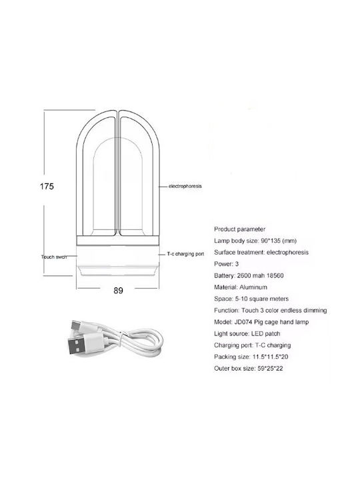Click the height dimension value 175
coord(47,187)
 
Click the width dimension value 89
coord(118,291)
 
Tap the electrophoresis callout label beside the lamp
coord(185,186)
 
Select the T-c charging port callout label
coord(185,254)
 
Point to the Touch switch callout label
coord(54,257)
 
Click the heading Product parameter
coord(240,229)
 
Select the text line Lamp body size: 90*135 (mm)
coord(255,241)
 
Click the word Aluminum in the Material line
coord(253,287)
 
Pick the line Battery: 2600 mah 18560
coord(249,275)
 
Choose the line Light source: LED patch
coord(247,334)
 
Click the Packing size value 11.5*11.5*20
coord(270,357)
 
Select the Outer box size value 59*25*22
coord(270,369)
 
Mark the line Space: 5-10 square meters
coord(251,299)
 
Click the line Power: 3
coord(226,264)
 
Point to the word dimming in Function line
coord(315,311)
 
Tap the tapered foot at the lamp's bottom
coord(118,272)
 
